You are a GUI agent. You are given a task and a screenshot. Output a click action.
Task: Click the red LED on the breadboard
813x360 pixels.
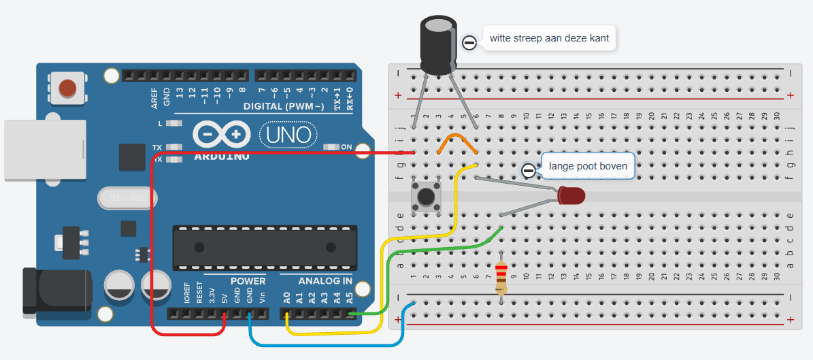[x=571, y=197]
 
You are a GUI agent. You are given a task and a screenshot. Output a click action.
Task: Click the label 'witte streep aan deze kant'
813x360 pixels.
[x=548, y=39]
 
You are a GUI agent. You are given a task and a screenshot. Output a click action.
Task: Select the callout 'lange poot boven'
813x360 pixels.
[x=587, y=165]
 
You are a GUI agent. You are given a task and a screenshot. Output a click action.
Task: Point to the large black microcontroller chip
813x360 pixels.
[x=265, y=246]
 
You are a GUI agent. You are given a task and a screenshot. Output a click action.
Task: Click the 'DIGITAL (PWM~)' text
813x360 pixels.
[x=286, y=107]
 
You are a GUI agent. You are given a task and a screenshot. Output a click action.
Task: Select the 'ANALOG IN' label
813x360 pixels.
[x=325, y=281]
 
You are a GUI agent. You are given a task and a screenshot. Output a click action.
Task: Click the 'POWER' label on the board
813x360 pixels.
[x=248, y=281]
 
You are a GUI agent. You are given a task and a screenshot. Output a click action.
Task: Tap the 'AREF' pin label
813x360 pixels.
[x=154, y=98]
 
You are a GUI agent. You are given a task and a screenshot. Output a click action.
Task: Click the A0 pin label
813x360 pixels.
[x=287, y=297]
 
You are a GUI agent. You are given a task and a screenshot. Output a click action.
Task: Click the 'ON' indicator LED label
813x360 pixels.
[x=346, y=146]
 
